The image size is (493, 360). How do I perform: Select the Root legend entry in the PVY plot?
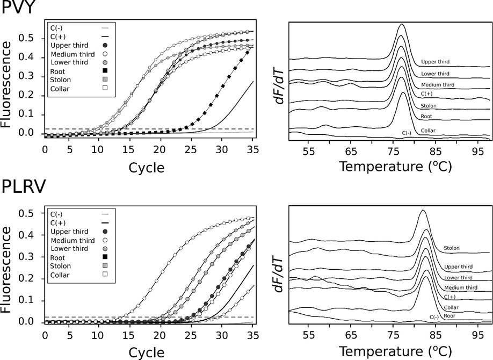(x=58, y=71)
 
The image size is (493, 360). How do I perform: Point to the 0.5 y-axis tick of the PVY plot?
(x=32, y=39)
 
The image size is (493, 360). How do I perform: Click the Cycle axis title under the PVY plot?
(x=146, y=168)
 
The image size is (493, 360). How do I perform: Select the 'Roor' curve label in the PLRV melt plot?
(x=450, y=316)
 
